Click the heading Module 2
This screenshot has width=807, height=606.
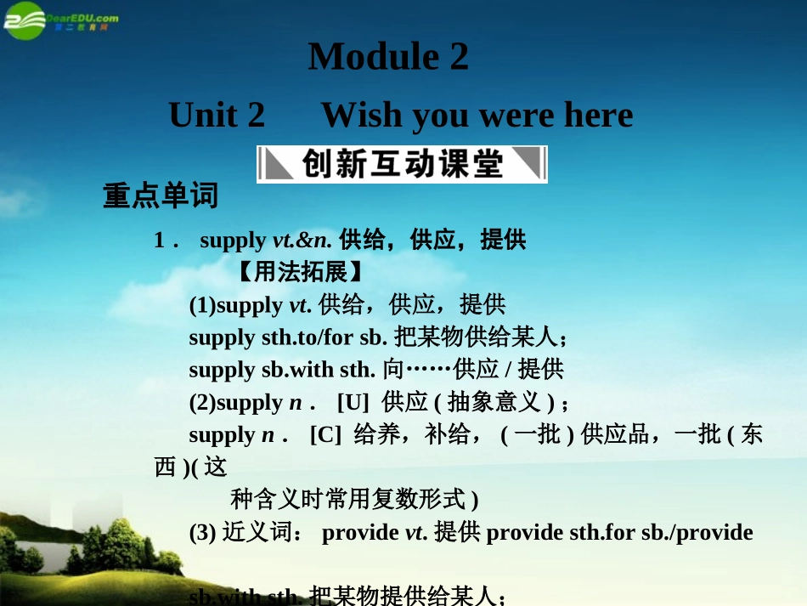coord(388,57)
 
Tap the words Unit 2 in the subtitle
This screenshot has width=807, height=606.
coord(217,115)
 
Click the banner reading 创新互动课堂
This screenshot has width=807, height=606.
coord(402,164)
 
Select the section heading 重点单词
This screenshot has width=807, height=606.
coord(161,196)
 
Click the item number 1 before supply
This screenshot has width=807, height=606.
coord(160,241)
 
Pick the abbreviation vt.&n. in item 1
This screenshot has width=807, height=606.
coord(302,241)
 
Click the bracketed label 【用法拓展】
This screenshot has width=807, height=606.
coord(300,273)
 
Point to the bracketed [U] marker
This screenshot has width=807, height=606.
coord(353,402)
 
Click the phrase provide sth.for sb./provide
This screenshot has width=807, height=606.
coord(619,533)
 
